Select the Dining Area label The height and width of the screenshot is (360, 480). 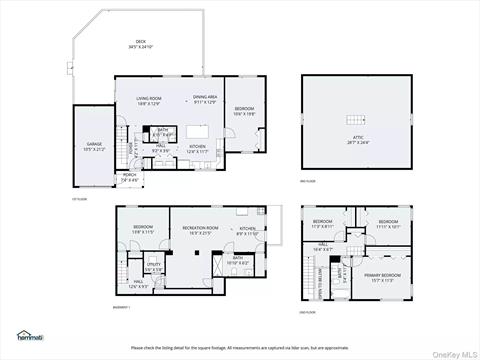coord(206,99)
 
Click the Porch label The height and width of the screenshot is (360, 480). coord(129,177)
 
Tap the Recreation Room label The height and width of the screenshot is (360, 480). coord(200,230)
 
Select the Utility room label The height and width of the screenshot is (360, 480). coord(154,266)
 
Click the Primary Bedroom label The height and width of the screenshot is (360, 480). coord(382,276)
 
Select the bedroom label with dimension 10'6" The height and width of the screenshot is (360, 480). coord(245,111)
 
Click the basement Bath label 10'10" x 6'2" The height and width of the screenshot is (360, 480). coord(237,260)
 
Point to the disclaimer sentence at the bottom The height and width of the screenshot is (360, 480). coord(240,347)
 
